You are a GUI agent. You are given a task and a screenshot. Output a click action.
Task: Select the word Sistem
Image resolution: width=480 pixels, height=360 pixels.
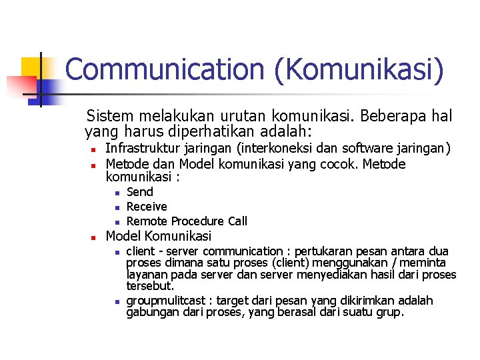(111, 116)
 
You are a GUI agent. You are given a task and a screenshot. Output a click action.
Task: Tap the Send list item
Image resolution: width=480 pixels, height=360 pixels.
(140, 192)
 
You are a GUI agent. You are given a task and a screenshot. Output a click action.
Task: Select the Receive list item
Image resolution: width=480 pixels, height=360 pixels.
(147, 207)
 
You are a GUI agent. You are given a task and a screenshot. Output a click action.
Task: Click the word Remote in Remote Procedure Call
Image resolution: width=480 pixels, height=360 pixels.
(147, 221)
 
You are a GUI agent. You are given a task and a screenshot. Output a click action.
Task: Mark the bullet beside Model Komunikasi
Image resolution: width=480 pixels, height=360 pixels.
(95, 237)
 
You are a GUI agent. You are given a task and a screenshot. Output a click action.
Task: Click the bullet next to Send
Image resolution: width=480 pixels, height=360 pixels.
(115, 193)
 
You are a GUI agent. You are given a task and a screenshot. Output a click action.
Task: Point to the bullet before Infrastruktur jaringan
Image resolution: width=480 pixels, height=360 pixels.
(95, 149)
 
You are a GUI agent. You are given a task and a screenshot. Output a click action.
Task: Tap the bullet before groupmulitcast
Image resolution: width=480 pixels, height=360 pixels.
(115, 302)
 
